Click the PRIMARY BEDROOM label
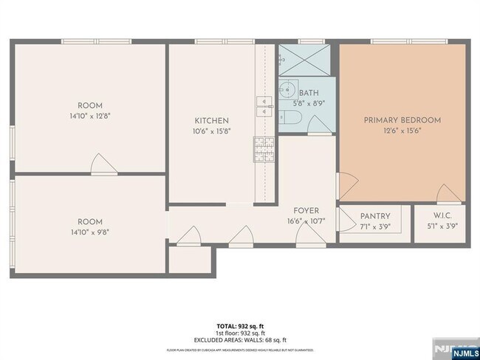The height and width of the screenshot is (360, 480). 402,120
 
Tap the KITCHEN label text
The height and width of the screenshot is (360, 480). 211,121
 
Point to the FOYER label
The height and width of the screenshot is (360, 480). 306,210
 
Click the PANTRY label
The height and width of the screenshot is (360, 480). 375,216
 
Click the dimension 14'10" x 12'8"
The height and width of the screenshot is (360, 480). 89,116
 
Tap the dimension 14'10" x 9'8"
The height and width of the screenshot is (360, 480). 89,232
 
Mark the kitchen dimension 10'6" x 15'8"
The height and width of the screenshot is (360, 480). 211,132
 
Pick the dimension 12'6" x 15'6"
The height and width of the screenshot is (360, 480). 402,131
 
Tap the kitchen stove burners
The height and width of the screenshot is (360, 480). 264,149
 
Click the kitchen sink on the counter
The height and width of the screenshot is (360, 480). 264,106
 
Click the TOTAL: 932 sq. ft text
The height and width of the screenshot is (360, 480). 239,325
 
